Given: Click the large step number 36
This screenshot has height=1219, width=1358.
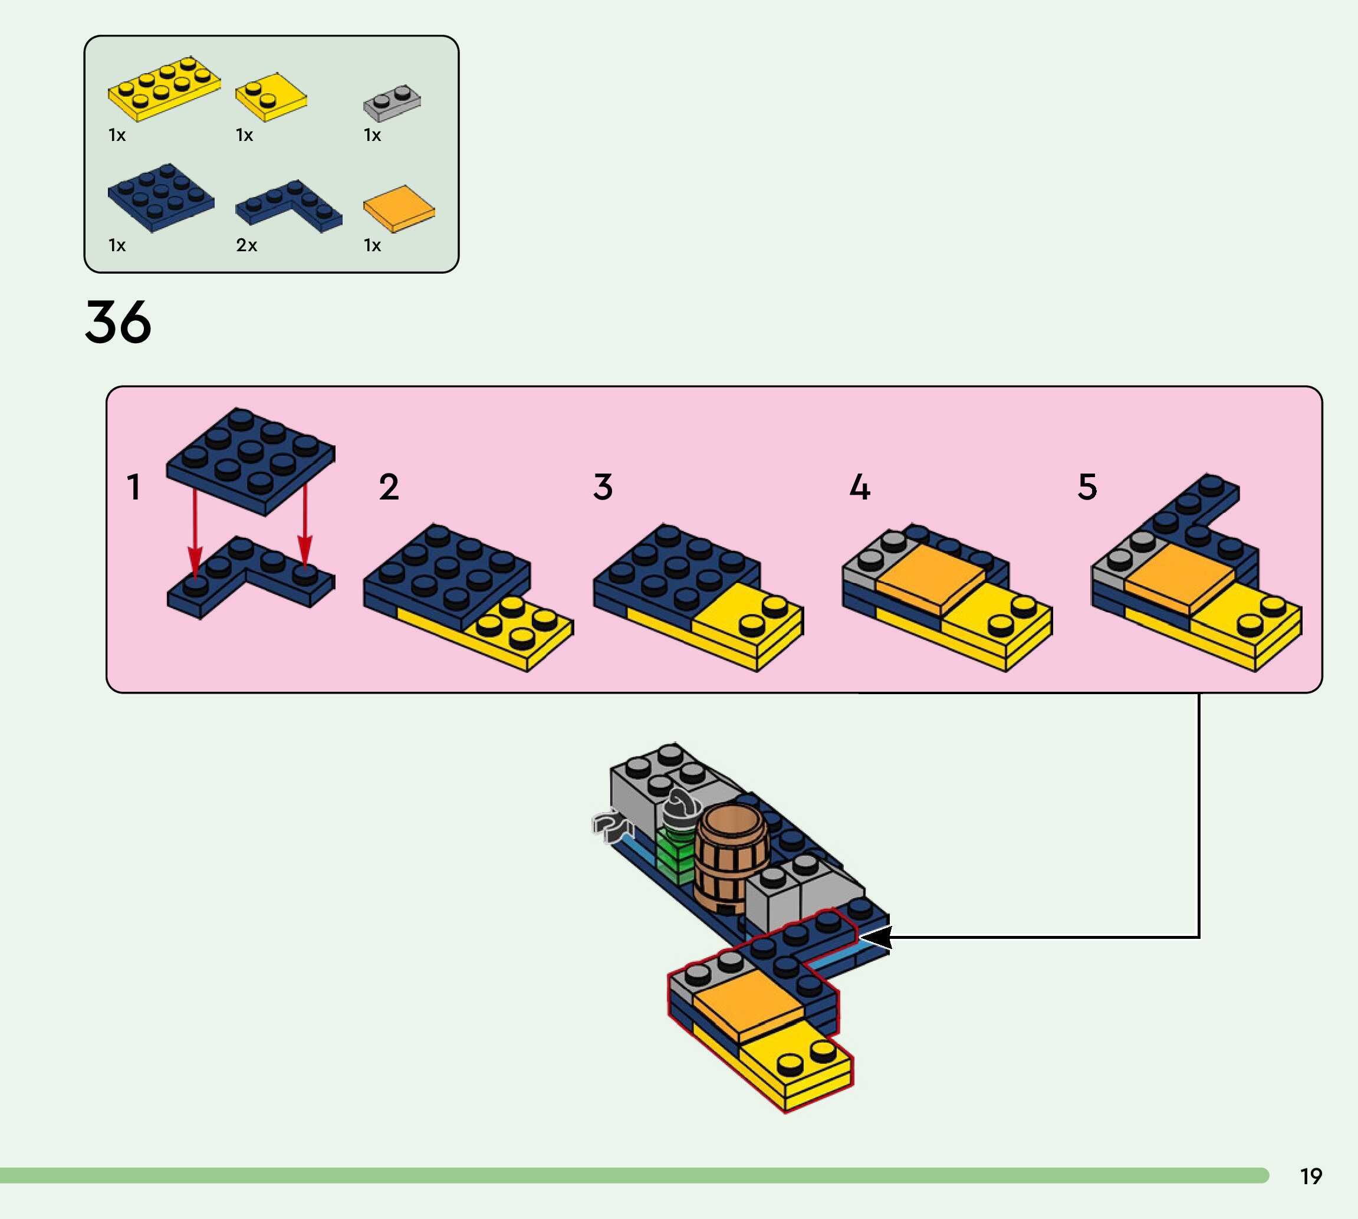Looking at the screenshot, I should click(x=118, y=322).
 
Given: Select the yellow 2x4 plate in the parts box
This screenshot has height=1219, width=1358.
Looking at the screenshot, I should click(x=164, y=89).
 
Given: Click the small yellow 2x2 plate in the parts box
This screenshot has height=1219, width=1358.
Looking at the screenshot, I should click(x=271, y=98).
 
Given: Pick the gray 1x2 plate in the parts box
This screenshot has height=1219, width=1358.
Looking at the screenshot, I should click(x=392, y=103).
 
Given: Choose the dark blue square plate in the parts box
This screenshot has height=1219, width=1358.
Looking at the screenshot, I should click(x=161, y=197).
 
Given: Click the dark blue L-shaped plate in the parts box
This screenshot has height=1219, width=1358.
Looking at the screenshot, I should click(x=288, y=204).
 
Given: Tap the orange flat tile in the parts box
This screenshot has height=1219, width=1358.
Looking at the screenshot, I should click(x=399, y=208).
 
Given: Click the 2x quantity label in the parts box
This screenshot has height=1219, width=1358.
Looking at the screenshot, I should click(x=246, y=245).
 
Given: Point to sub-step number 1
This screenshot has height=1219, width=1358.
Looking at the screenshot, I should click(x=134, y=487).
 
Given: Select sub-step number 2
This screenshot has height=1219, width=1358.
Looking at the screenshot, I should click(x=389, y=487).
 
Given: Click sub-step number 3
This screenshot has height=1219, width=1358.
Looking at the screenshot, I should click(x=603, y=487).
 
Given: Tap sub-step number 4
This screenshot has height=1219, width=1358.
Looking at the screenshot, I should click(x=860, y=487).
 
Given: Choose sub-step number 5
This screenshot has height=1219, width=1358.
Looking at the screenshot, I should click(x=1087, y=487).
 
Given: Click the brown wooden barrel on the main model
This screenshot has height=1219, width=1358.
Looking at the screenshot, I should click(x=731, y=857).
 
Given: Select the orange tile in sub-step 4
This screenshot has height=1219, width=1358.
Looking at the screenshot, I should click(x=929, y=577).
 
